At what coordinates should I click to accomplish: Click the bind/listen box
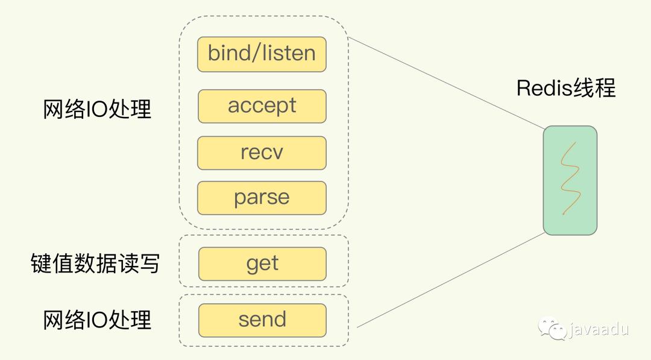[262, 54]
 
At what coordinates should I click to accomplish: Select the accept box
[262, 106]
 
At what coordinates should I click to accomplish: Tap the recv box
[262, 153]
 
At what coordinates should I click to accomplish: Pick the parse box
[262, 198]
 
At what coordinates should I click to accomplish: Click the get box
[262, 264]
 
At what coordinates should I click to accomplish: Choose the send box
[262, 320]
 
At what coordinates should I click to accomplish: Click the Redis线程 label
[565, 88]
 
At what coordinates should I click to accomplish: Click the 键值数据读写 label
[95, 264]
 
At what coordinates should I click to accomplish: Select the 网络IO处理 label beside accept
[97, 109]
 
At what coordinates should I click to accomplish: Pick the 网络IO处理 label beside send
[97, 320]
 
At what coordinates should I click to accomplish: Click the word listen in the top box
[289, 53]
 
